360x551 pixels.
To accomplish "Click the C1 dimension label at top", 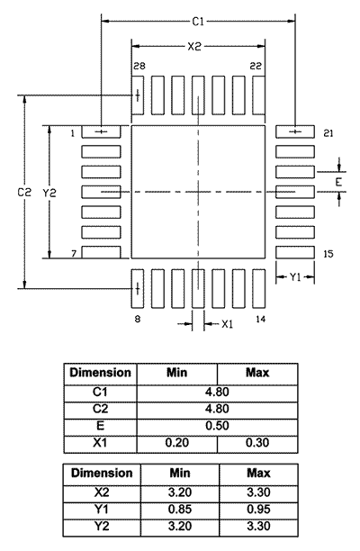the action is pos(198,22).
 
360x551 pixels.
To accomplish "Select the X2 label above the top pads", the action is pos(194,47).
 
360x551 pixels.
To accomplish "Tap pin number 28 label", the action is pos(139,66).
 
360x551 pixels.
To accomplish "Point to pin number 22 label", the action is pos(256,66).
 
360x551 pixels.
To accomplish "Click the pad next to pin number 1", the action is pos(101,131).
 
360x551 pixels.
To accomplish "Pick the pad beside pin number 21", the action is pos(295,131).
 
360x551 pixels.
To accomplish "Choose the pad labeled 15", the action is pos(295,252).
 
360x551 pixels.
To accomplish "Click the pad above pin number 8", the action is pos(138,289).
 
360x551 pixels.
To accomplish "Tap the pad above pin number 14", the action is pos(258,289).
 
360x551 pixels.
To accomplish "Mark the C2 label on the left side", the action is pos(24,192).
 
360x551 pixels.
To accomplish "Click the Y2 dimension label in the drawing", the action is pos(49,193).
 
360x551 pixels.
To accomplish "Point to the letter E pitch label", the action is pos(338,183).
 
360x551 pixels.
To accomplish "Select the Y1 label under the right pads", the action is pos(295,277).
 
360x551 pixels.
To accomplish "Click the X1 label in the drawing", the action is pos(227,324).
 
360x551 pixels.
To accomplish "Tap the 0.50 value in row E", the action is pos(217,426).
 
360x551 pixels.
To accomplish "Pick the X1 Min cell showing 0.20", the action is pos(177,442).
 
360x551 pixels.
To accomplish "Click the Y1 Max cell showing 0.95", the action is pos(258,510).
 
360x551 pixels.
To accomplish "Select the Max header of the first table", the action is pos(257,373).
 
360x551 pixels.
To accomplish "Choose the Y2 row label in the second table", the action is pos(102,526).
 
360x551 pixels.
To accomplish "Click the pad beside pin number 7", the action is pos(101,252).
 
